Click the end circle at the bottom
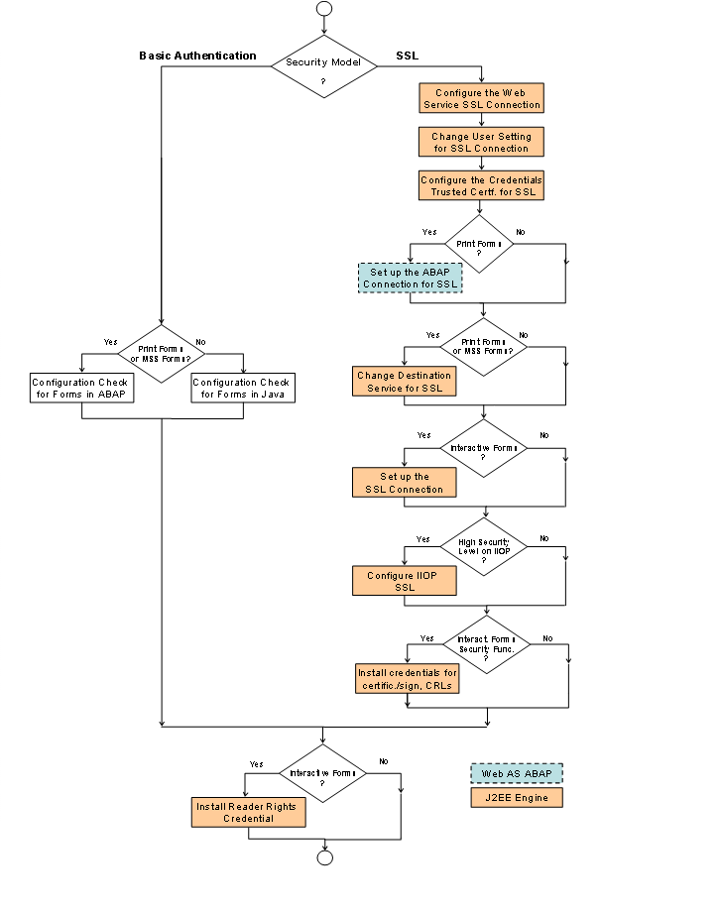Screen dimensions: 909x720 pos(324,857)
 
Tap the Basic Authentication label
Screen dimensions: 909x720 pos(197,57)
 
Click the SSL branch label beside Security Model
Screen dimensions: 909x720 pos(407,57)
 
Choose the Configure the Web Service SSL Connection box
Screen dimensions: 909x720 pos(481,99)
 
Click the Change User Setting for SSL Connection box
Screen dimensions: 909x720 pos(481,142)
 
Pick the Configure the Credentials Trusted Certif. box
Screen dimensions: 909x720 pos(481,185)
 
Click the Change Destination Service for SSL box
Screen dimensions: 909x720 pos(404,382)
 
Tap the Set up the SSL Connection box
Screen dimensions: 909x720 pos(404,483)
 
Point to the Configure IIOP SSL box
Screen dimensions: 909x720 pos(404,581)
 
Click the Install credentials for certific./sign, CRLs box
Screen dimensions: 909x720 pos(408,678)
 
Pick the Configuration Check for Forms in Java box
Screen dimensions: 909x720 pos(243,389)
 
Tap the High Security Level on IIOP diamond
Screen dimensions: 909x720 pos(483,548)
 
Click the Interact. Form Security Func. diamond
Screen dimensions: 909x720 pos(486,644)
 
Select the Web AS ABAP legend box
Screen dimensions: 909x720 pos(516,773)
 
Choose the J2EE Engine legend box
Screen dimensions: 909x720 pos(516,797)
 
